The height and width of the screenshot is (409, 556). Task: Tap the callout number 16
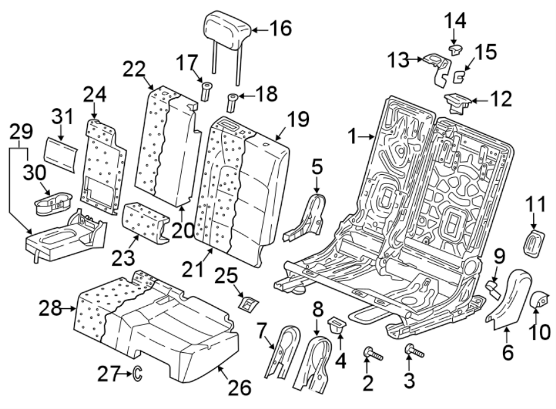[x=279, y=28]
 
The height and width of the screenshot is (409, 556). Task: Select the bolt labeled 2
[x=372, y=355]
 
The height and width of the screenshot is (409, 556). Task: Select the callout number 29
[x=21, y=131]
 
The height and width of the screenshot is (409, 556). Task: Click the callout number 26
[x=240, y=387]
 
